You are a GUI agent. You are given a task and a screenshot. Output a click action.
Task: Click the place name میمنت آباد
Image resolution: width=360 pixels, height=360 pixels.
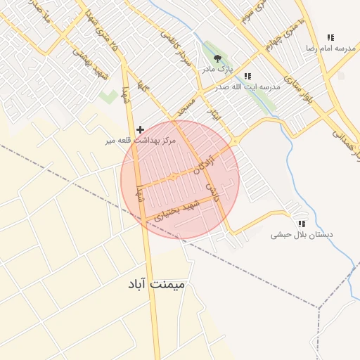point(157,284)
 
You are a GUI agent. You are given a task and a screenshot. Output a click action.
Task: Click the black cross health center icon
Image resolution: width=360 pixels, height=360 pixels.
point(141,129)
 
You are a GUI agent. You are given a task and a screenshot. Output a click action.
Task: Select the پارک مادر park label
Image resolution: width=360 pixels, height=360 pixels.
point(217,70)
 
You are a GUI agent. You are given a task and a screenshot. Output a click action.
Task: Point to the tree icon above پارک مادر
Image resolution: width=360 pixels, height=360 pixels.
point(217,59)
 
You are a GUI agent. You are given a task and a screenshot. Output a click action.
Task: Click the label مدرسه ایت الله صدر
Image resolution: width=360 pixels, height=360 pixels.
point(251,86)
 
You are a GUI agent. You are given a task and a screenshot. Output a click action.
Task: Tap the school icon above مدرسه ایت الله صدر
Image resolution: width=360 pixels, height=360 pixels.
point(247,76)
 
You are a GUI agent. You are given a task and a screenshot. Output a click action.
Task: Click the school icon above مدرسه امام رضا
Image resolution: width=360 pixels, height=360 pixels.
point(330,37)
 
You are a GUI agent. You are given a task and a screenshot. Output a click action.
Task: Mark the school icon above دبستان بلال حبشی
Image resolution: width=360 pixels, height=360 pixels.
point(302,224)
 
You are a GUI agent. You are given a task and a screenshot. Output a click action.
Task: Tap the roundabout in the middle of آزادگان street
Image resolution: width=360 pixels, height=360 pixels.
point(173,176)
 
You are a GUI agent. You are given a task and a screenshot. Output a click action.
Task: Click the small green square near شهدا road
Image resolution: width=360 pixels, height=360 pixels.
point(108,96)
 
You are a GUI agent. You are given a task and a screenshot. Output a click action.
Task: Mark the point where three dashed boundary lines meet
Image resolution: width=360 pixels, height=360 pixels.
point(319,307)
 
